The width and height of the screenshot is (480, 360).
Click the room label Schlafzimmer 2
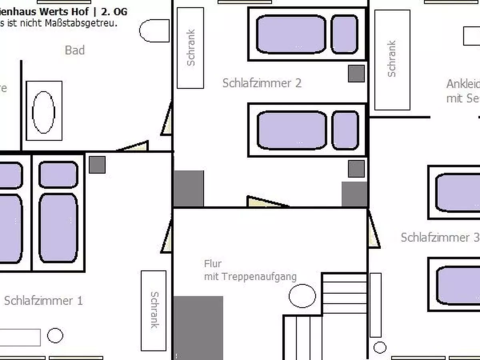[262, 83]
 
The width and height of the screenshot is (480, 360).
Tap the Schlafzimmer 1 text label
[43, 301]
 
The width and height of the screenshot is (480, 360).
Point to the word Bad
[75, 50]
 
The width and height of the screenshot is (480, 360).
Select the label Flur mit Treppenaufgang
[250, 270]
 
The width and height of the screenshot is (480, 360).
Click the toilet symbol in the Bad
[154, 31]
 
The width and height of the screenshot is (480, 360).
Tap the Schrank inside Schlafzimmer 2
[190, 48]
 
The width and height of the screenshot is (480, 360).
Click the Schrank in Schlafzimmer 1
[154, 310]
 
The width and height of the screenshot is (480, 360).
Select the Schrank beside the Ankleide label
[392, 60]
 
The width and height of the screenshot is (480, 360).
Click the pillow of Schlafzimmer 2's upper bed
[344, 34]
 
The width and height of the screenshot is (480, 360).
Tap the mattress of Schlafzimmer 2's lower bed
[292, 130]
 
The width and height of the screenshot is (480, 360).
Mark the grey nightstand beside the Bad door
[97, 165]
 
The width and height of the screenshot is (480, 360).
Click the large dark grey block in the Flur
[198, 328]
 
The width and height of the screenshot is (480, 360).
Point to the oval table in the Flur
[302, 296]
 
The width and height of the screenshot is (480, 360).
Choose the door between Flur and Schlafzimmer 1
[167, 239]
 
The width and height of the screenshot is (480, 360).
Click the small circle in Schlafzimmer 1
[55, 336]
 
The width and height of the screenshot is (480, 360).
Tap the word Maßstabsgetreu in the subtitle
[88, 23]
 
